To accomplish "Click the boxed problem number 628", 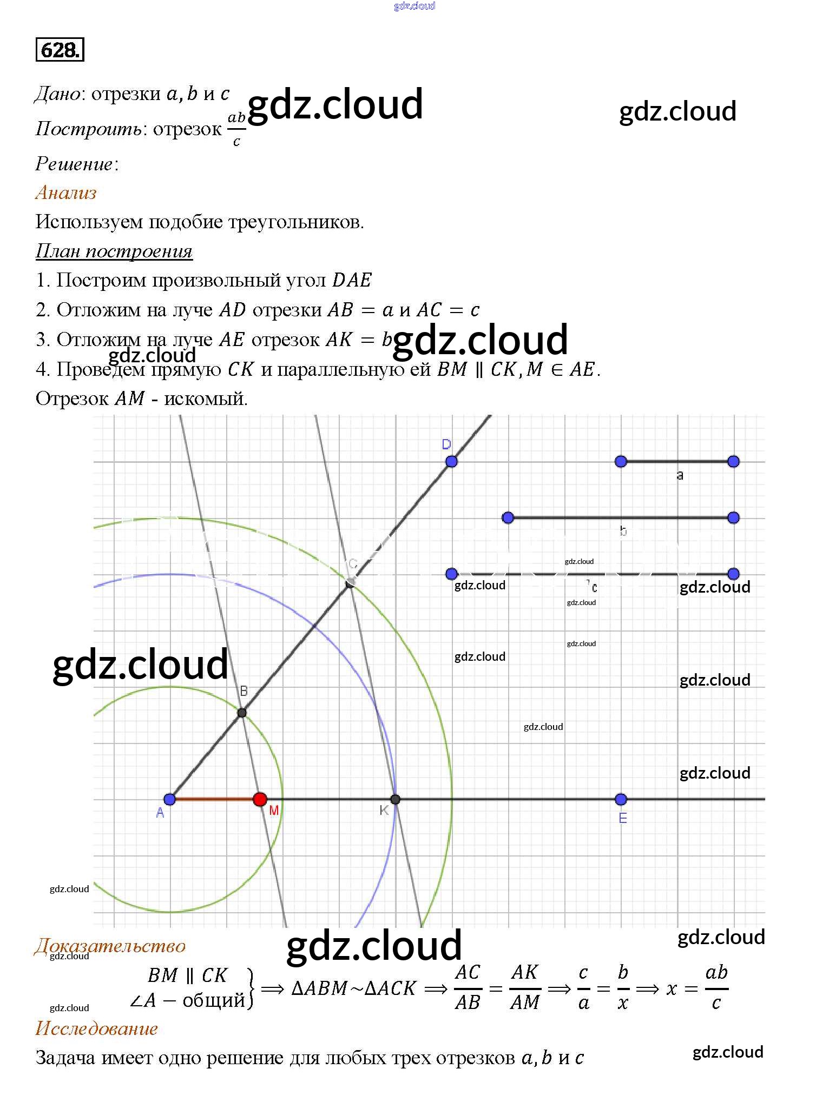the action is [60, 50].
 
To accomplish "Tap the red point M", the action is [260, 799].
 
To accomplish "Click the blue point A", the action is [170, 799].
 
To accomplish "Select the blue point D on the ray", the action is [451, 461].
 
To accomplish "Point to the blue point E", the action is [621, 799].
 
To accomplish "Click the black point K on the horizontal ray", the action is [395, 799].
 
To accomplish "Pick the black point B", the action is [242, 713].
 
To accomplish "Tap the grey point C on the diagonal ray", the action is [350, 582].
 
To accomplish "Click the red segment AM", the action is [215, 799].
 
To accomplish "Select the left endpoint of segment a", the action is [621, 461].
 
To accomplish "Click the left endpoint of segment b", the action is [508, 518].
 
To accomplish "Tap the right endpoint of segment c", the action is [733, 574].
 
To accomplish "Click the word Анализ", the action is [66, 193].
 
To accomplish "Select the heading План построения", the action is [114, 251].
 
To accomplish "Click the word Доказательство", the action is [110, 946].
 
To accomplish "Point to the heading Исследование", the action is [96, 1028].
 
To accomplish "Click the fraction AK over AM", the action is [525, 987].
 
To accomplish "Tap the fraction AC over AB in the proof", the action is [468, 987].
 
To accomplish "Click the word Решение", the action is [75, 164].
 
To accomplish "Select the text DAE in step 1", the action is [352, 280].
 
